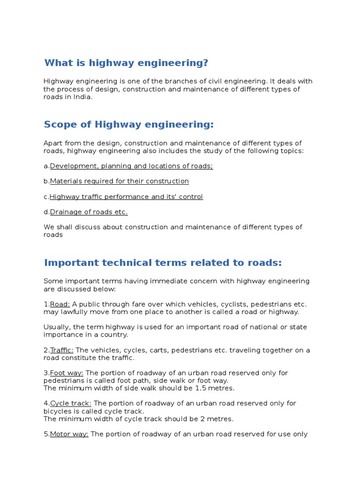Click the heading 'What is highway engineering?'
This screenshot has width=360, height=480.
[x=126, y=63]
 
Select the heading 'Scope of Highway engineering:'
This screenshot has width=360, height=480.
[x=128, y=124]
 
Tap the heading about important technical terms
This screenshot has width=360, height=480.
[x=163, y=262]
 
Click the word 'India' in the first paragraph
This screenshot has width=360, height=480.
[x=83, y=97]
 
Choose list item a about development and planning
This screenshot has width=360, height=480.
[x=131, y=166]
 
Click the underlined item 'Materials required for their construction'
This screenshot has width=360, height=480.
[x=119, y=181]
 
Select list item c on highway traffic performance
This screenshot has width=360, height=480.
[x=126, y=196]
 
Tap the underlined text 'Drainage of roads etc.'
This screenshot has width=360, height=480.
[x=89, y=212]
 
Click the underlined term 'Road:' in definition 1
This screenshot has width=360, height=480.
[x=60, y=304]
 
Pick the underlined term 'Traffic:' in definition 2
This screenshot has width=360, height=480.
[x=62, y=350]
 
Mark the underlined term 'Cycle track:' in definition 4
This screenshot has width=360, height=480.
[x=71, y=403]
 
